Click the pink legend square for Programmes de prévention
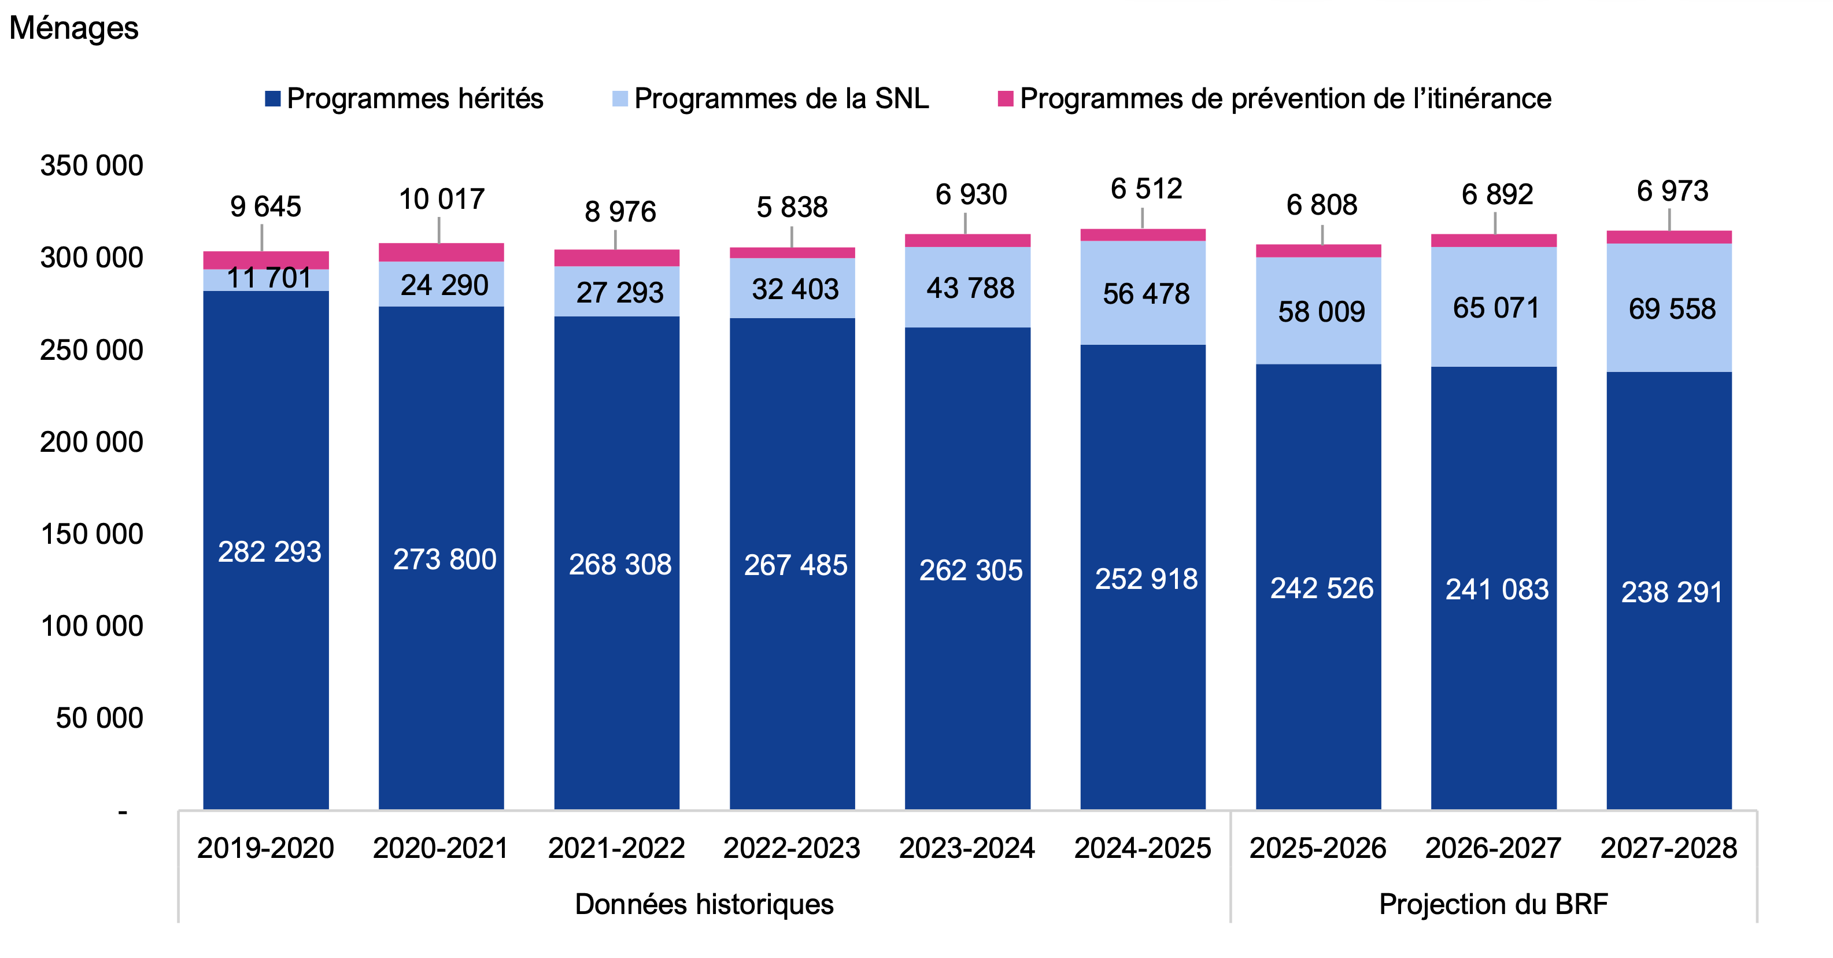(1005, 99)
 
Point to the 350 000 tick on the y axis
(92, 166)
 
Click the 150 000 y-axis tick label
(92, 535)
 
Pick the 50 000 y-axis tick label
(99, 718)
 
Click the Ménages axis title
(73, 28)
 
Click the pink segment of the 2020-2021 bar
(441, 253)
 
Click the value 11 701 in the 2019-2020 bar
(269, 278)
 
